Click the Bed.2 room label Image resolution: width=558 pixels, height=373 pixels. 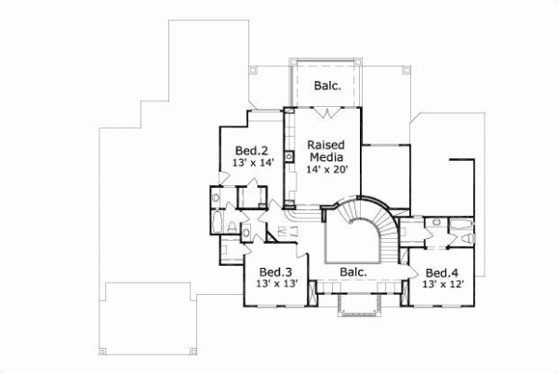tap(252, 149)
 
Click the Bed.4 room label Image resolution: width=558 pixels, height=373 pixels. tap(442, 273)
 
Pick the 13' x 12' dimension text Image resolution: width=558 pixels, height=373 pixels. tap(442, 285)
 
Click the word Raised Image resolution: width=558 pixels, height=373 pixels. tap(326, 145)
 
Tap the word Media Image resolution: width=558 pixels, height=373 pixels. tap(326, 158)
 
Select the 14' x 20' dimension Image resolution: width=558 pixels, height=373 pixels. tap(326, 171)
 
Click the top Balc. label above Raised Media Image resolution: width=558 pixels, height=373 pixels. tap(325, 86)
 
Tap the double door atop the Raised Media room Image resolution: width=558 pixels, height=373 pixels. tap(325, 112)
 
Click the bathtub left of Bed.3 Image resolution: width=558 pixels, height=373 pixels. tap(219, 229)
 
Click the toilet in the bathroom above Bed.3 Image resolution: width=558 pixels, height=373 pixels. tap(247, 233)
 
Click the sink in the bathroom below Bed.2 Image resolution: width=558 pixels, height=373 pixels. tap(216, 198)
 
